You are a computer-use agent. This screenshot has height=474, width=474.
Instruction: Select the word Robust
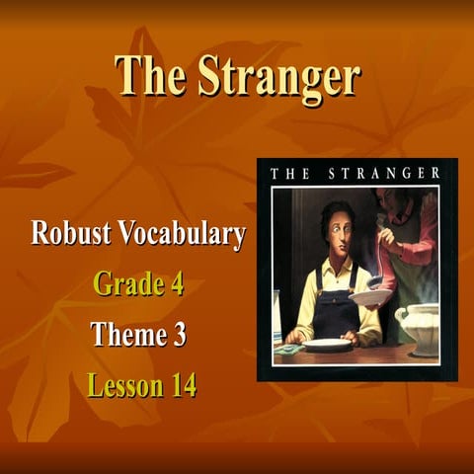point(70,234)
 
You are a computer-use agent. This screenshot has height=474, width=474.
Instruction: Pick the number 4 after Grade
point(176,284)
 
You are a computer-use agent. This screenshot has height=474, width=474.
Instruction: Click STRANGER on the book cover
point(388,174)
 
